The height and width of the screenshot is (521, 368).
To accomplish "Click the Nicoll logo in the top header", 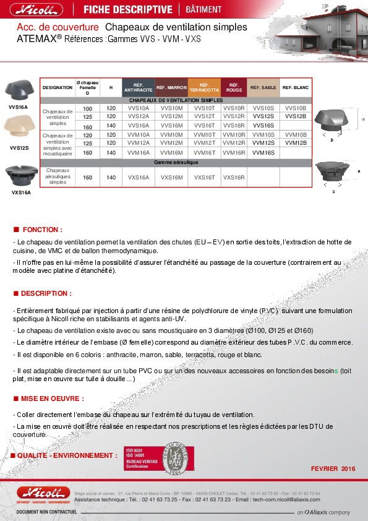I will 41,10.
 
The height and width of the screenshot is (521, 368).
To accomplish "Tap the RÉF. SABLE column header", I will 263,88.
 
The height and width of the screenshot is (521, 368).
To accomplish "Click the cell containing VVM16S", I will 263,152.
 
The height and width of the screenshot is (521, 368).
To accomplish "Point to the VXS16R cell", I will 233,178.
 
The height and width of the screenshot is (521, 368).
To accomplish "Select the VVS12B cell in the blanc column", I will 296,116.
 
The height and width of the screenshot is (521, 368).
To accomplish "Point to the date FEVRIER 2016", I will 333,469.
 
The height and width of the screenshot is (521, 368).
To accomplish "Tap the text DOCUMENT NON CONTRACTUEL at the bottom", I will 46,513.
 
